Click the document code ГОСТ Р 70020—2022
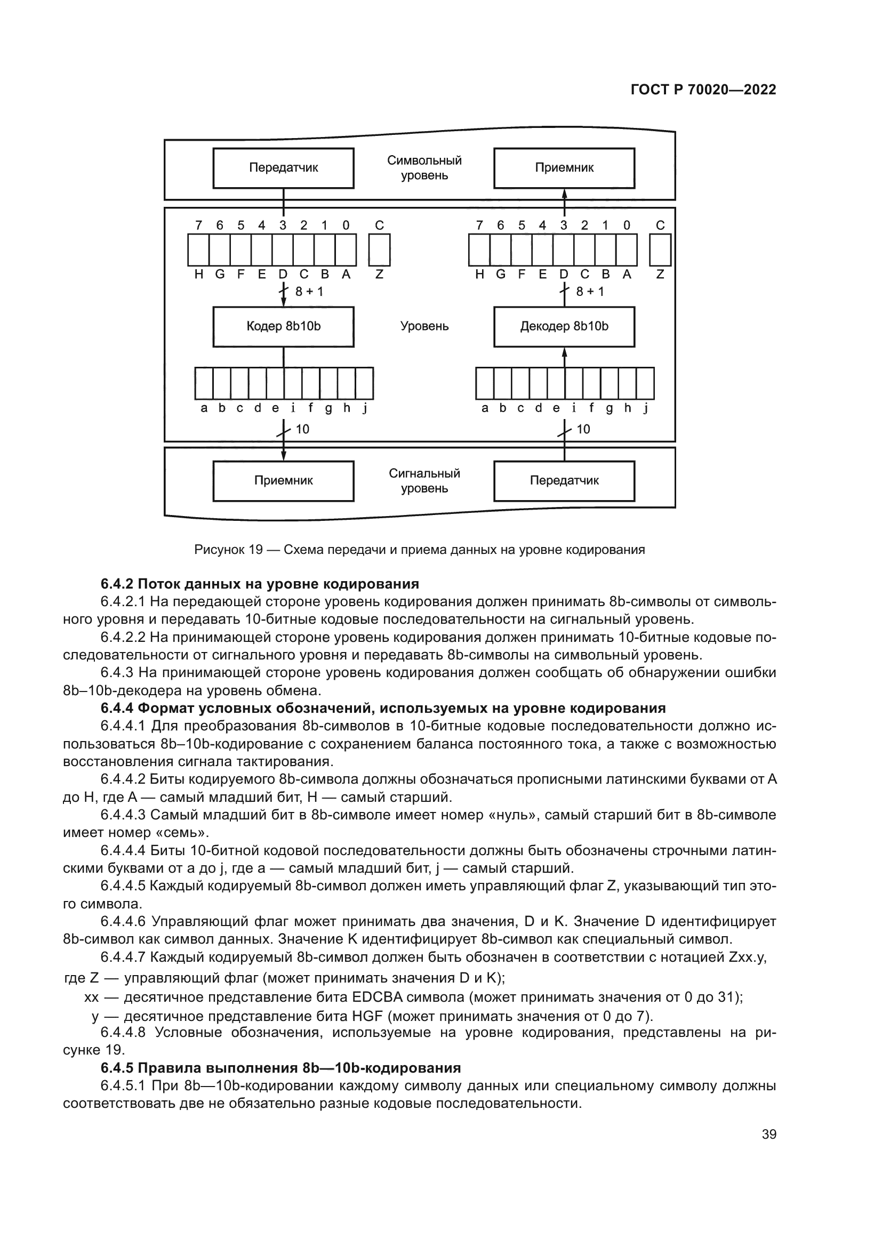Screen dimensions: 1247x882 click(703, 90)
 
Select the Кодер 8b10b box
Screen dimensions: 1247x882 click(283, 326)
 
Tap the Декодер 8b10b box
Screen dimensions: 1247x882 click(564, 326)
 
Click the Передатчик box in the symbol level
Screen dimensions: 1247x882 click(283, 168)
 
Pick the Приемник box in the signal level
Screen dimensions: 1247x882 click(283, 481)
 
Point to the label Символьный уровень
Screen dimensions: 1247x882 click(424, 168)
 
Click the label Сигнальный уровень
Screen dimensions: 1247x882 click(424, 481)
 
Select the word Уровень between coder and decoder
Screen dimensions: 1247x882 click(424, 326)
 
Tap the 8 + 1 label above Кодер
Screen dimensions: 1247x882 click(309, 292)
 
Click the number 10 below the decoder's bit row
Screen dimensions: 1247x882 click(583, 429)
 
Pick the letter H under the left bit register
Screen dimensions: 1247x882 click(199, 274)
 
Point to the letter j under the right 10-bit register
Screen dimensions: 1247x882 click(646, 408)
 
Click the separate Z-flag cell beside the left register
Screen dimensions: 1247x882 click(379, 250)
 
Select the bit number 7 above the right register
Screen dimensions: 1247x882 click(479, 226)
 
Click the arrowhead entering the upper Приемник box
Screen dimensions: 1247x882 click(564, 194)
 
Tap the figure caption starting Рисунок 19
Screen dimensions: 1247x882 click(419, 550)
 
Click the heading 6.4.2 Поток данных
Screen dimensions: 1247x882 click(260, 584)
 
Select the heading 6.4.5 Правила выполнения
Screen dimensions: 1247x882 click(280, 1068)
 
